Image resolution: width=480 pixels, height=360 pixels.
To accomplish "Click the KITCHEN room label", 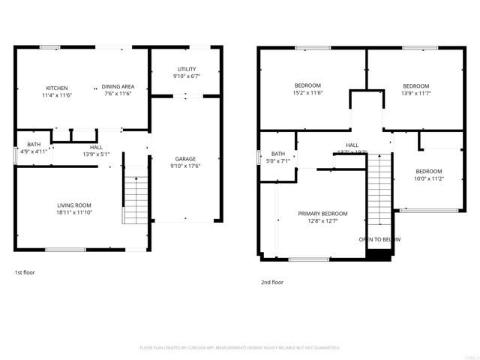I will click(x=57, y=88).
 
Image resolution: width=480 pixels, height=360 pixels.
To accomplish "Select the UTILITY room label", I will click(x=186, y=69).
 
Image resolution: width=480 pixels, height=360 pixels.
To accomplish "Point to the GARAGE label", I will click(x=185, y=159).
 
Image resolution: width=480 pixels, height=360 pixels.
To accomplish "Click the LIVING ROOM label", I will click(x=74, y=205).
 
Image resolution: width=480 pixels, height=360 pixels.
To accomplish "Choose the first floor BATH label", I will click(x=34, y=144).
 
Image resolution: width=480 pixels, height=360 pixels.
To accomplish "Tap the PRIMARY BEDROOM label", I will click(x=323, y=214).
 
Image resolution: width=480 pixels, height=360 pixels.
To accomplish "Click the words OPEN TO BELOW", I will click(x=379, y=239).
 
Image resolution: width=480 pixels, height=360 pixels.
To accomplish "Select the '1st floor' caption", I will click(x=25, y=272).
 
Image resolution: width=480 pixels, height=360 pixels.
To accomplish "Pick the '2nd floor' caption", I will click(x=271, y=283).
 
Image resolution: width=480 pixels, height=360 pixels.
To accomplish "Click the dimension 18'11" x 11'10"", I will click(x=74, y=212).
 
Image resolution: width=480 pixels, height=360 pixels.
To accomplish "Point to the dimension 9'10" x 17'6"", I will click(x=185, y=166).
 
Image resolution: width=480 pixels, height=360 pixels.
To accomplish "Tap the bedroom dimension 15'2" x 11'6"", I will click(x=307, y=93).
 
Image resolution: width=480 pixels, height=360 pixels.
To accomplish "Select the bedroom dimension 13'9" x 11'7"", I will click(x=415, y=93).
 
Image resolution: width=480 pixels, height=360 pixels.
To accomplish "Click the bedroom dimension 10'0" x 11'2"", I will click(x=429, y=178).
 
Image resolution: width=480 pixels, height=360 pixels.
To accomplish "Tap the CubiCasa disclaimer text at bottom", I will click(x=240, y=348).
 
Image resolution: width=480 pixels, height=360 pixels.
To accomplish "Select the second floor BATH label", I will click(x=278, y=154).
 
